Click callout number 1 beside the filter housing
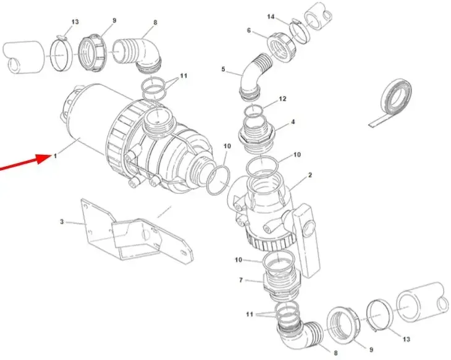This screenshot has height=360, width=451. (x=55, y=156)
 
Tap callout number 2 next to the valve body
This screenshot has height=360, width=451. (x=310, y=175)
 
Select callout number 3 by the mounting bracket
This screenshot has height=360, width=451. (x=62, y=222)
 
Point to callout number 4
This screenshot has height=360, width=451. (x=293, y=122)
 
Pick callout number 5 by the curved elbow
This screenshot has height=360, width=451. (x=223, y=69)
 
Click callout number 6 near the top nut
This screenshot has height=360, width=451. (x=249, y=30)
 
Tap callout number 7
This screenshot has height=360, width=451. (x=241, y=280)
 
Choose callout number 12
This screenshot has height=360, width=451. (x=282, y=99)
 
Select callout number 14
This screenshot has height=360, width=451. (x=271, y=17)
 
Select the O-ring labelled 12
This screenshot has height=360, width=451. (x=253, y=111)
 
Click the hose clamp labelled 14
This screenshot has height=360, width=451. (x=300, y=31)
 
